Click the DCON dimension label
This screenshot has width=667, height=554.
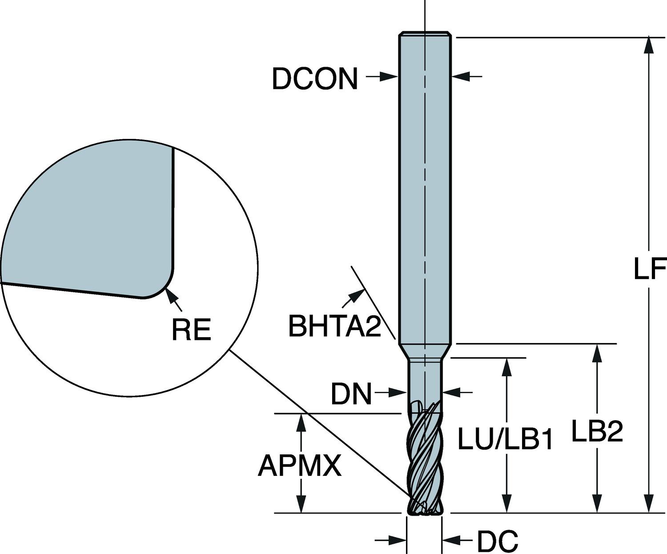[x=315, y=79]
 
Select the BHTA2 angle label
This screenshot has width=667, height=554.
[x=334, y=326]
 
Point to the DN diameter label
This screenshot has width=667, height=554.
[x=351, y=394]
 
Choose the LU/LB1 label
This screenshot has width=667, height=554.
[x=505, y=441]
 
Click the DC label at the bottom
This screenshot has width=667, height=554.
[x=498, y=541]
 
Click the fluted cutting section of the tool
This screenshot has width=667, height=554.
[x=425, y=462]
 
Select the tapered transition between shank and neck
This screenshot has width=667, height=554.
[x=425, y=351]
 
